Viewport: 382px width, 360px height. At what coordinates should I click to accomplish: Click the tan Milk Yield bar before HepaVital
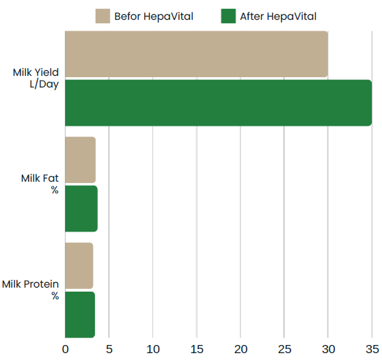coord(196,54)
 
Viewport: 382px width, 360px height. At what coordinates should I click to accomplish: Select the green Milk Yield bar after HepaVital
coord(219,102)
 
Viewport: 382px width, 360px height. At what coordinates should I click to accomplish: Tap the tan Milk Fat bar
coord(81,160)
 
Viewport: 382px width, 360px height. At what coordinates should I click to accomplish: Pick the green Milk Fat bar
coord(81,209)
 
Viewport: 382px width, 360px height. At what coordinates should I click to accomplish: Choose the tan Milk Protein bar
coord(79,266)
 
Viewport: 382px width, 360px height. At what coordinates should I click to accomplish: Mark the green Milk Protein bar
coord(80,315)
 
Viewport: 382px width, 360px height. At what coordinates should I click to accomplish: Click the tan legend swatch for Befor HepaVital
coord(103,16)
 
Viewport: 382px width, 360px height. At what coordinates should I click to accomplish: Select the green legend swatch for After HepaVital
coord(228,16)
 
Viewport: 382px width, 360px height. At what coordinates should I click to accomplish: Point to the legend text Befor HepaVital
coord(154,16)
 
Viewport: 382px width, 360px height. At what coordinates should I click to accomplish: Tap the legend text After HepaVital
coord(278,16)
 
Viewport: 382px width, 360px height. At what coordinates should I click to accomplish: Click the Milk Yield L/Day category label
coord(36,79)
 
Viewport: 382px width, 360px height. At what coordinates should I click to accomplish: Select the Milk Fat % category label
coord(40,184)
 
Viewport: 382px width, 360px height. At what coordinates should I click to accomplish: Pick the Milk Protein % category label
coord(31,290)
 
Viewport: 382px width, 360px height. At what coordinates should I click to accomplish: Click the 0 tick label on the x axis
coord(66,349)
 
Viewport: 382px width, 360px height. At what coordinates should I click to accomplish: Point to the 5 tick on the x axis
coord(109,349)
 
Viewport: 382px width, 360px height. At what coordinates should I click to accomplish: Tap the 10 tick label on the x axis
coord(153,349)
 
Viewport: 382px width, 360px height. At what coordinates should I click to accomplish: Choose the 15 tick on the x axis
coord(197,349)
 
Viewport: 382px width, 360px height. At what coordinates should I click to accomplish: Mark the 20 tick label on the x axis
coord(241,349)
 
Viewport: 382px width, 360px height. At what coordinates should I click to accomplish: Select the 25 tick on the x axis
coord(284,349)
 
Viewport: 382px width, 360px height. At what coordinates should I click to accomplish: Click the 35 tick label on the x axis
coord(372,349)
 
